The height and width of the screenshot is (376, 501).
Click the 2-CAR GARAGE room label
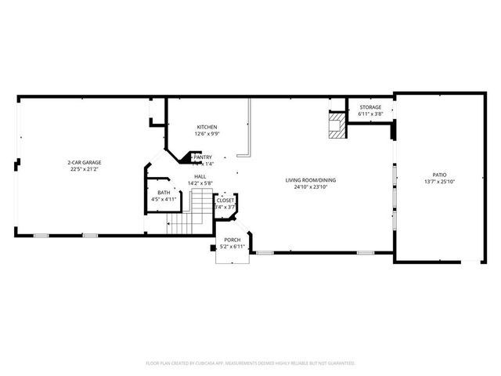[83, 163]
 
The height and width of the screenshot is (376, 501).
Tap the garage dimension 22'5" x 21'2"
[83, 169]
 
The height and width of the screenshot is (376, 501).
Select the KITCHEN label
[207, 127]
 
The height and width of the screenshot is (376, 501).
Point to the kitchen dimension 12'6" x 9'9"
[207, 133]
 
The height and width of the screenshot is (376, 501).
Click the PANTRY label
[203, 157]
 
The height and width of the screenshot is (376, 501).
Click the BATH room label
[164, 193]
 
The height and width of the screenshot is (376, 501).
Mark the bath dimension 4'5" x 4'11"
[164, 199]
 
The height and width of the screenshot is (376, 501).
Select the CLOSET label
[225, 201]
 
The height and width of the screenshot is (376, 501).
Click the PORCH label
[232, 240]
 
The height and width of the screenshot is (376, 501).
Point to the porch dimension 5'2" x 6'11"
[232, 247]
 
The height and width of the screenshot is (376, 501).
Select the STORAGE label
[370, 107]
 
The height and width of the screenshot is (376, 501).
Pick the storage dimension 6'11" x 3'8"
[370, 114]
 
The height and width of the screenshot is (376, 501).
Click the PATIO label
[439, 175]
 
